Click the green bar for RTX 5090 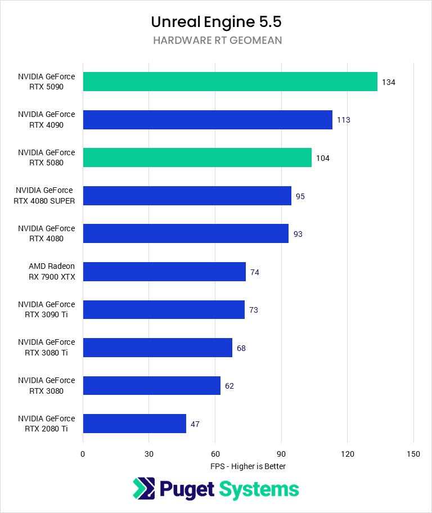(229, 82)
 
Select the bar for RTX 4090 (207, 120)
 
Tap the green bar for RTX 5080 (197, 157)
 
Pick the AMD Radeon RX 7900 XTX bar (164, 272)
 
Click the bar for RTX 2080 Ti (134, 424)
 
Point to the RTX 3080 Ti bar (157, 348)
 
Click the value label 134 (388, 82)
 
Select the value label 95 (300, 196)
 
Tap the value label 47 (195, 424)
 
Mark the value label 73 (253, 310)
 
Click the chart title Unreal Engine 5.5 (216, 22)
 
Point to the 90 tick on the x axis (281, 454)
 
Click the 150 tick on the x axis (413, 454)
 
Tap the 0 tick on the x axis (83, 454)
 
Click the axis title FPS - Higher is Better (248, 466)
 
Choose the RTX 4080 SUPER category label (45, 196)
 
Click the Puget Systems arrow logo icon (143, 489)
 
